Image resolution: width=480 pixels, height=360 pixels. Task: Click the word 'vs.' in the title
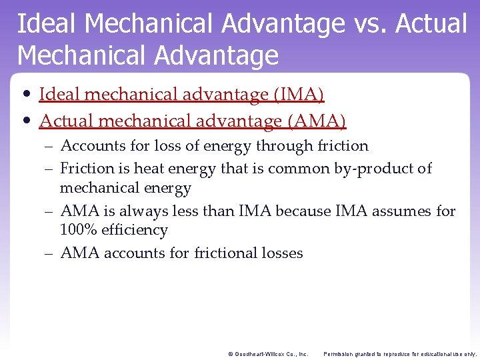click(x=367, y=25)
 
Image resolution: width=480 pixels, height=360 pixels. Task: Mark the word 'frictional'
click(x=226, y=253)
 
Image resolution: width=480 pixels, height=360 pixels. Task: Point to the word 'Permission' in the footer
click(x=339, y=354)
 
